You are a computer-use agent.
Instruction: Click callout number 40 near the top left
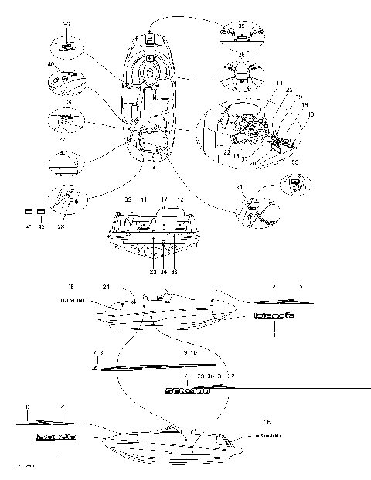pos(51,66)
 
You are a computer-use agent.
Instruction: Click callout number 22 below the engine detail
pos(226,151)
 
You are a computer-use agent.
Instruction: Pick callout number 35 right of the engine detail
pos(294,163)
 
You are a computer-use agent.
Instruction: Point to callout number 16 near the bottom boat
pos(267,422)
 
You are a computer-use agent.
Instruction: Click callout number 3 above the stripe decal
pos(273,286)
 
